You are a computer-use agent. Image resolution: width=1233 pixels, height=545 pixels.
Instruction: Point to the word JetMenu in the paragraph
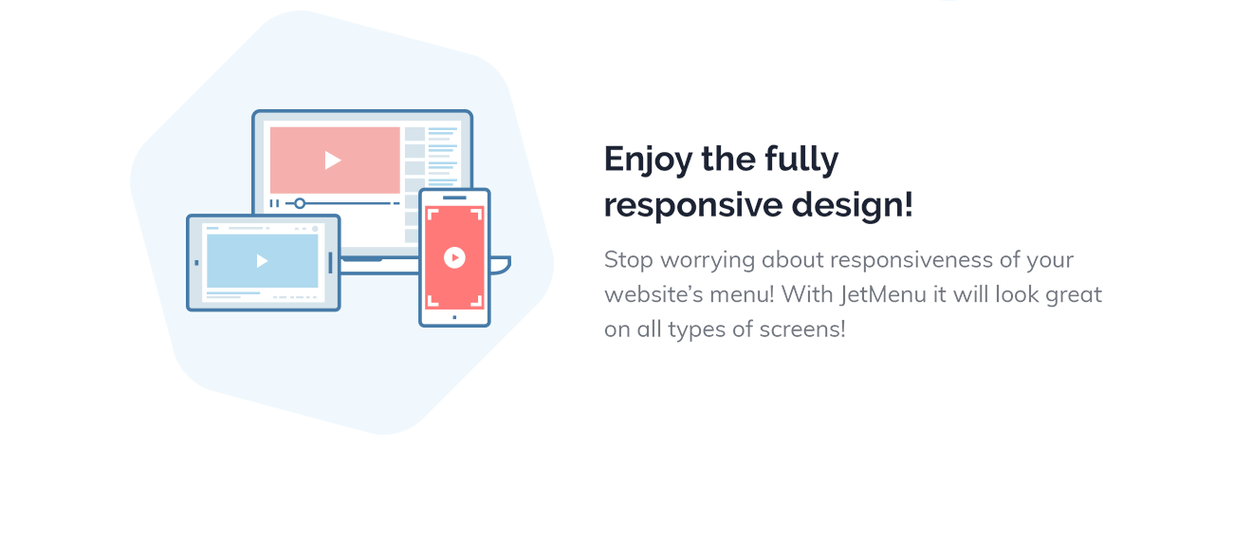(x=882, y=294)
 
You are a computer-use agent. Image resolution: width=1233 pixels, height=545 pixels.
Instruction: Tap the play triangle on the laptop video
(x=333, y=160)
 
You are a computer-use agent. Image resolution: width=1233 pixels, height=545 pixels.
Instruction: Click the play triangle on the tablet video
(x=263, y=261)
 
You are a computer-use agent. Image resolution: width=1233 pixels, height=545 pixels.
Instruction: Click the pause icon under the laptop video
(x=274, y=203)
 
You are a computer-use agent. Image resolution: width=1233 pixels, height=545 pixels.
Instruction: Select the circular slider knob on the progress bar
(x=300, y=203)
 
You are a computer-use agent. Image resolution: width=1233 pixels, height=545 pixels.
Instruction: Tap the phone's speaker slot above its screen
(x=454, y=197)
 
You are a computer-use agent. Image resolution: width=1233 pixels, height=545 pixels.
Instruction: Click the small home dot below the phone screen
(x=454, y=316)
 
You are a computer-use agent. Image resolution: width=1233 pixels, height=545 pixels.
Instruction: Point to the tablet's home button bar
(x=330, y=262)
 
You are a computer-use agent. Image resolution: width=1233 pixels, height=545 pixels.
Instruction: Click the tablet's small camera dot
(x=196, y=262)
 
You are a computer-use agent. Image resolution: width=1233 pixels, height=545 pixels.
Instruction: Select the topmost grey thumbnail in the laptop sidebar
(x=414, y=134)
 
